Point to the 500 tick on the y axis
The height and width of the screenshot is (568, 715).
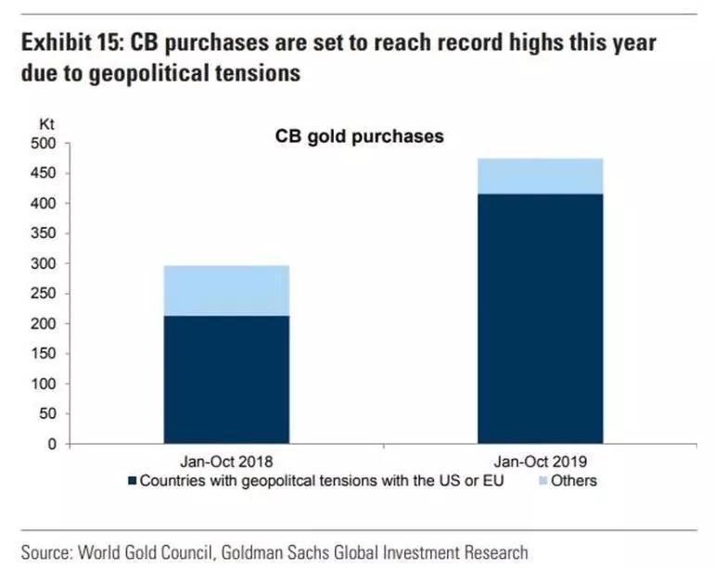(44, 144)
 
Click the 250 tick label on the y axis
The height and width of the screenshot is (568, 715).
(44, 294)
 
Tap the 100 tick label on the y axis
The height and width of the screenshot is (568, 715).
(44, 384)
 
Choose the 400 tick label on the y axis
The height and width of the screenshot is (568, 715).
(44, 204)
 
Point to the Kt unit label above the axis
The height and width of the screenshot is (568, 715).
(45, 123)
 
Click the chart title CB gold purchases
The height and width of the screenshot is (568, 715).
(359, 136)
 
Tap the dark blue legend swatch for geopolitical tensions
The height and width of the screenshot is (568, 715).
(133, 481)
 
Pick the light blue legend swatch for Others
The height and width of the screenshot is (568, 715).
(543, 481)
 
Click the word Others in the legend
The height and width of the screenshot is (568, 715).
(574, 481)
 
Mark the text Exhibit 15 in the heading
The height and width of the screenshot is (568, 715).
(70, 44)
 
